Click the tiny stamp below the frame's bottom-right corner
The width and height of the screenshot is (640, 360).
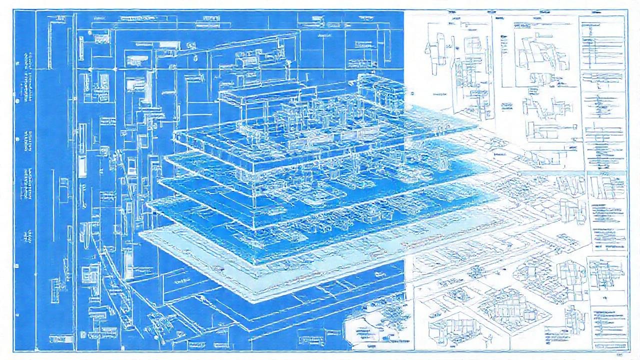pyautogui.click(x=619, y=355)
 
